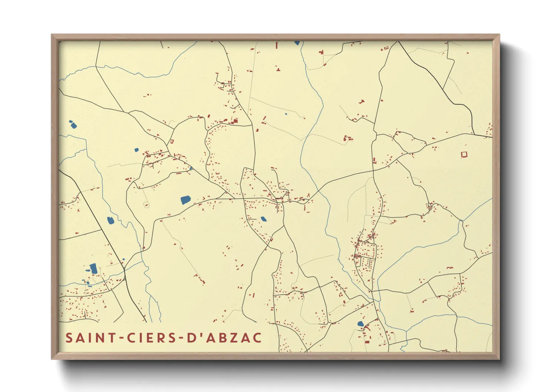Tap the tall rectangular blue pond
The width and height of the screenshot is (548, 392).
[x=94, y=268]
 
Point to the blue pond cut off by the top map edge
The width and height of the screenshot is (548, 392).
[x=297, y=43]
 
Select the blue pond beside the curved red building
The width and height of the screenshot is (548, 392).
[x=360, y=324]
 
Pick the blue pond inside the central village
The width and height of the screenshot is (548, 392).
[x=263, y=219]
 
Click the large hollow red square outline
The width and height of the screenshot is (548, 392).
[x=464, y=154]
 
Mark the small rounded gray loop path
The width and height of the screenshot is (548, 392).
[x=146, y=204]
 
